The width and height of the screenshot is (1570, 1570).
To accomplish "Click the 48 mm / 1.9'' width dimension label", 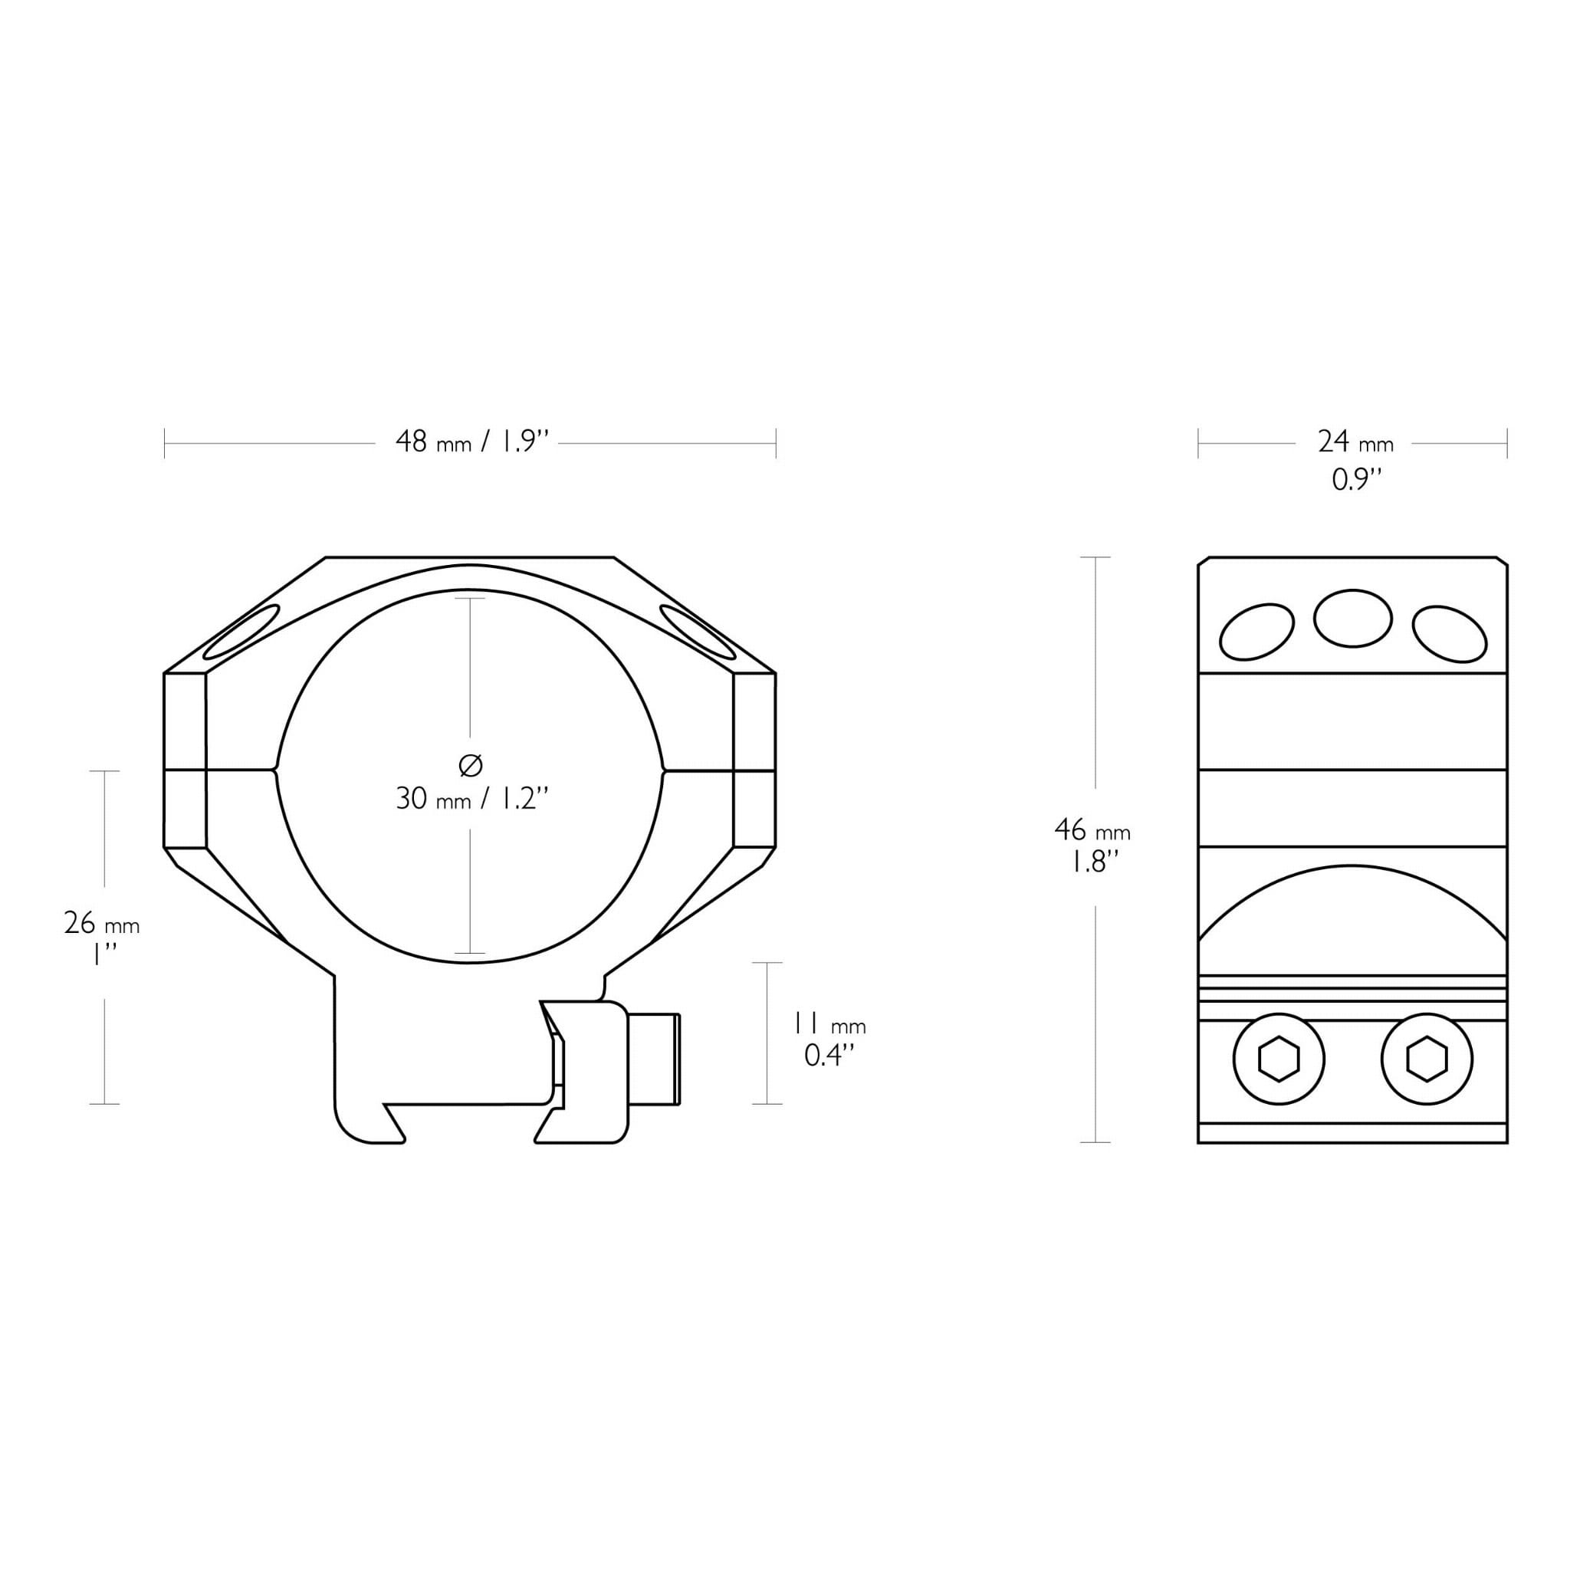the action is click(473, 442).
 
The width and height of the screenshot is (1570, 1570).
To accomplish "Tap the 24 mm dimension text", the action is click(1355, 442).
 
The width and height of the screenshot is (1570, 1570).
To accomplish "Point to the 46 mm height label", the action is click(1092, 829).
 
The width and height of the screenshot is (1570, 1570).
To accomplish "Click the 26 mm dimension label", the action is click(102, 923).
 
